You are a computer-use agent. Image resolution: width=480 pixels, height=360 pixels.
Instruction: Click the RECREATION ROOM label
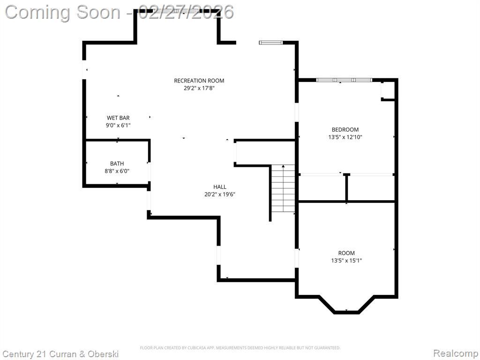199,81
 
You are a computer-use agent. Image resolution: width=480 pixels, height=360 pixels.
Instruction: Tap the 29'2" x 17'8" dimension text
199,88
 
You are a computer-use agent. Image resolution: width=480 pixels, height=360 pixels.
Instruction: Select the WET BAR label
118,118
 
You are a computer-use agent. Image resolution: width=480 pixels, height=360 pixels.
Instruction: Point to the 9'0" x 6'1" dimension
118,125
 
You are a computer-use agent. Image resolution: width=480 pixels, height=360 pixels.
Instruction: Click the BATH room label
117,164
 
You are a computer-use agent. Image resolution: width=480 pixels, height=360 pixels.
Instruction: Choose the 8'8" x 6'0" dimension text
117,171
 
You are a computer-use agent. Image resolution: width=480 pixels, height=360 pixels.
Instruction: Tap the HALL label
220,187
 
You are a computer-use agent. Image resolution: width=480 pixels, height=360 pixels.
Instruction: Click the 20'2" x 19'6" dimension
220,194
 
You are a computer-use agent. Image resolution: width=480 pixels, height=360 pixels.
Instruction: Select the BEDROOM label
345,129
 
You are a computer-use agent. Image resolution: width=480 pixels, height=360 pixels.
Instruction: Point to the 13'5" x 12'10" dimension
345,137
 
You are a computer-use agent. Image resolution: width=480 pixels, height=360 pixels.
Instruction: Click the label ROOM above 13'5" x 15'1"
346,253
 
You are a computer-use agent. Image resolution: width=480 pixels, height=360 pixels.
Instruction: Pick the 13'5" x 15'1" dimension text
346,261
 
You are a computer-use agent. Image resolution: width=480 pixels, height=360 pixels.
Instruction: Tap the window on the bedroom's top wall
344,80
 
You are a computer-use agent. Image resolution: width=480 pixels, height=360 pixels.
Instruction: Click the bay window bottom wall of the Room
346,312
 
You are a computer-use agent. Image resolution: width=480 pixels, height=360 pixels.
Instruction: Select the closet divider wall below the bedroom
346,187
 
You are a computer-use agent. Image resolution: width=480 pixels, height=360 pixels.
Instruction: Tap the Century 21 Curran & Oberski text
60,354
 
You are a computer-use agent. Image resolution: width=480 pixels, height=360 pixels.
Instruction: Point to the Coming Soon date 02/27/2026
186,12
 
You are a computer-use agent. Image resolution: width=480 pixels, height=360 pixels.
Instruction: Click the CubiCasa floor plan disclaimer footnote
240,348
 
